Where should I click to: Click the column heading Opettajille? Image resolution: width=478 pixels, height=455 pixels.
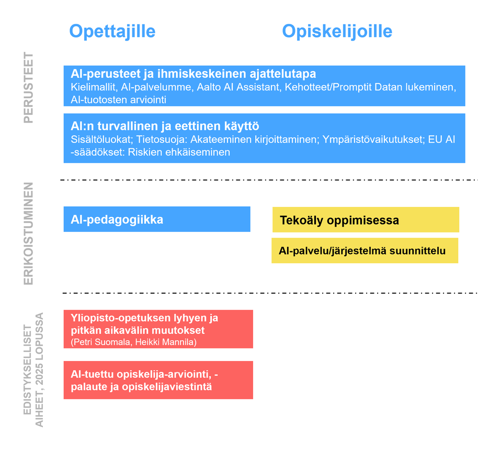[x=112, y=31]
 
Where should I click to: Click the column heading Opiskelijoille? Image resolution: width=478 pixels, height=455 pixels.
[x=337, y=31]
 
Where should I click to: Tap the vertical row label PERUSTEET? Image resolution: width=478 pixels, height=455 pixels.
[x=29, y=87]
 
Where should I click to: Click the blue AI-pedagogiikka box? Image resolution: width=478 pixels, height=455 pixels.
[x=157, y=219]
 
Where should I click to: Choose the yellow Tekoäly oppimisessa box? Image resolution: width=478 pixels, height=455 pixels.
[x=366, y=220]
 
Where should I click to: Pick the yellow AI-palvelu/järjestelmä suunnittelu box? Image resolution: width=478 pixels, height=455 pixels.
[x=365, y=251]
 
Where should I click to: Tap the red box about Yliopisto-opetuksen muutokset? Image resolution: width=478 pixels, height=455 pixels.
[x=158, y=329]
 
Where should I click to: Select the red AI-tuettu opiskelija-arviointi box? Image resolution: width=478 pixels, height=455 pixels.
[x=158, y=380]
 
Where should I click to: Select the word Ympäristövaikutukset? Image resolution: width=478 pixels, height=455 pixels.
[x=373, y=139]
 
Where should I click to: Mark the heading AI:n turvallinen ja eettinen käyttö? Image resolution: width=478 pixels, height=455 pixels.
[x=165, y=126]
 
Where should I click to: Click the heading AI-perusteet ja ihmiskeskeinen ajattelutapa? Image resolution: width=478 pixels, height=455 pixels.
[x=193, y=74]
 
